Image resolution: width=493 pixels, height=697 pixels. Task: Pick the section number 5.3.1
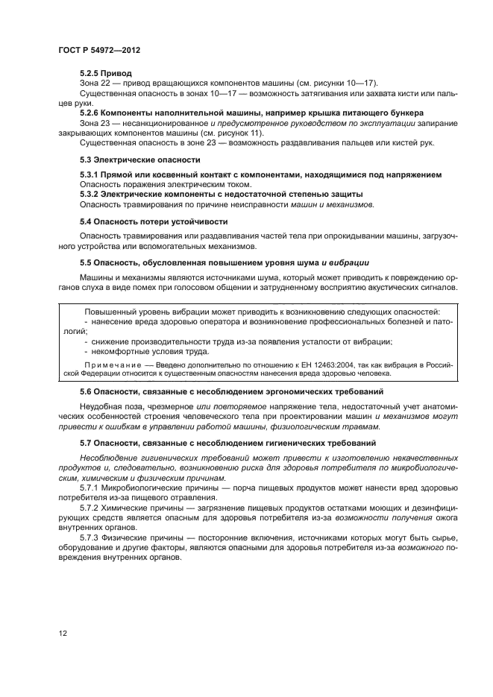pos(90,174)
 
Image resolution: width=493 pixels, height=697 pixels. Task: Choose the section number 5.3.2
pos(90,194)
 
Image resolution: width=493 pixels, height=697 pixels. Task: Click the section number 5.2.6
pos(90,113)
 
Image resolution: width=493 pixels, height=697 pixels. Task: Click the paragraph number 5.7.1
pos(90,488)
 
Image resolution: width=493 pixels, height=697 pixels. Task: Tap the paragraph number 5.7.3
pos(90,536)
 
